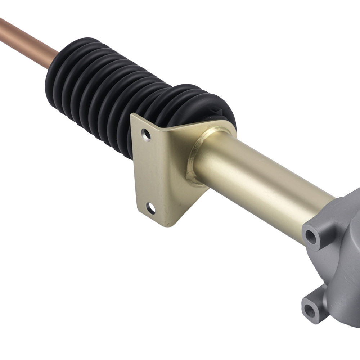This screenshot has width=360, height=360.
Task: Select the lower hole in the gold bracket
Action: click(x=151, y=208)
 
